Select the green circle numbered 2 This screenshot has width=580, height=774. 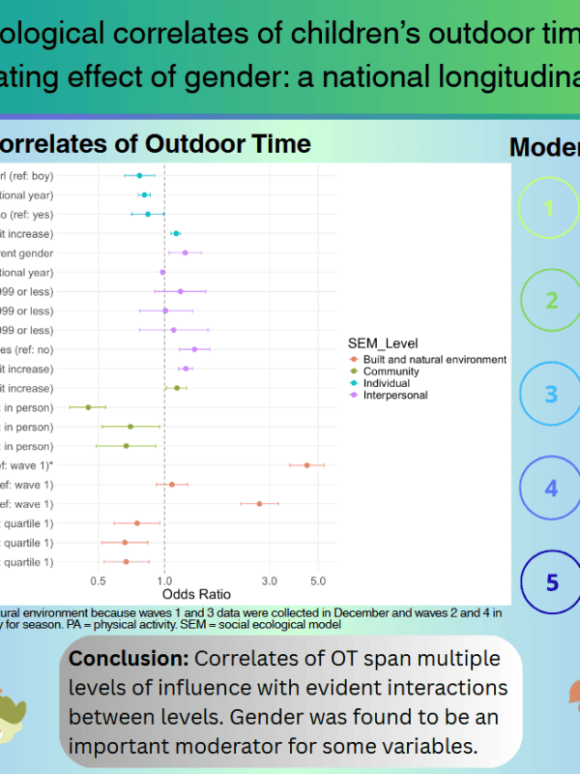click(x=552, y=300)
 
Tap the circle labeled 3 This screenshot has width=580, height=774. click(x=552, y=394)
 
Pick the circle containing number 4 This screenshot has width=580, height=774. click(x=552, y=488)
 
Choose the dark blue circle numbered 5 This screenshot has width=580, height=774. click(x=552, y=581)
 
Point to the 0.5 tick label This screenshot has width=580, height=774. click(x=97, y=580)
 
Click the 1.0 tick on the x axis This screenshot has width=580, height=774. click(x=164, y=580)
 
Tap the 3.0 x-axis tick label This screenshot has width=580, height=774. click(x=270, y=580)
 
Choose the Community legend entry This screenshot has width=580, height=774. click(x=391, y=372)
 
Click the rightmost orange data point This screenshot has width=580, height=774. click(x=306, y=465)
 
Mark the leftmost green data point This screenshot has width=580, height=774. click(x=88, y=407)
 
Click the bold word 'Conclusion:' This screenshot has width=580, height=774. click(x=129, y=659)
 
